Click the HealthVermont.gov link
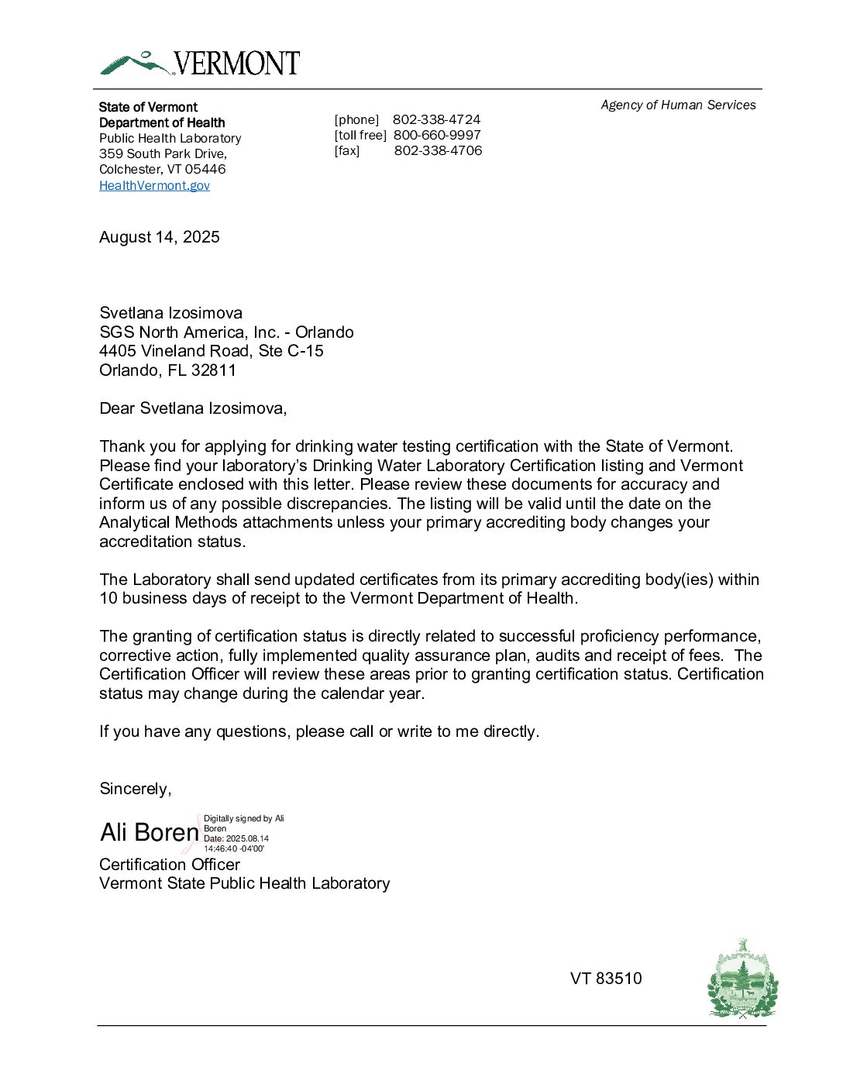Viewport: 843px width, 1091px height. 154,185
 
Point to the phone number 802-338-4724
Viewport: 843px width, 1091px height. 436,119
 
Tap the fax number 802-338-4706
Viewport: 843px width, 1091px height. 438,150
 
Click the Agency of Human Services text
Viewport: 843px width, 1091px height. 678,105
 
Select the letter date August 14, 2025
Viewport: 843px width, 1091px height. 160,237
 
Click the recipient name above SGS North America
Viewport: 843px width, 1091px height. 170,313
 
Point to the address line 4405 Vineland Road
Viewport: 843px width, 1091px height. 212,351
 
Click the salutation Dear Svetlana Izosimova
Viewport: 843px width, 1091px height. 193,408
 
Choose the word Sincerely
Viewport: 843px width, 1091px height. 135,789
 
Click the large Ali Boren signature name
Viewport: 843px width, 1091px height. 150,832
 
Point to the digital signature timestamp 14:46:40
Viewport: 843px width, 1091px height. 221,848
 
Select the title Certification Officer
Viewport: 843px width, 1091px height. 170,865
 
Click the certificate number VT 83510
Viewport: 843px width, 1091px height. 606,979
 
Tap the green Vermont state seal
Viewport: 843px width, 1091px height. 742,979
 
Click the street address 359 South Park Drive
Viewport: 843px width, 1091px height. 163,153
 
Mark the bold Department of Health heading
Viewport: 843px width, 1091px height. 162,122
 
